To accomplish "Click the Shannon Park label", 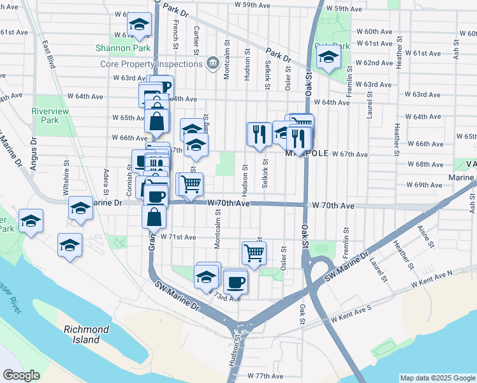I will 122,48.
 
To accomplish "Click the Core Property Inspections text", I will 151,64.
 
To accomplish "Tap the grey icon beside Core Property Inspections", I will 213,63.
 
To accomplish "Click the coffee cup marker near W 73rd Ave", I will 235,280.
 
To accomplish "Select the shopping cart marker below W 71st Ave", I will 254,252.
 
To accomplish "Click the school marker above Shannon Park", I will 138,24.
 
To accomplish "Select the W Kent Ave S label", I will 350,317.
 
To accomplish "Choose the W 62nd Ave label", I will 374,63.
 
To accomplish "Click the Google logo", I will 21,375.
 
